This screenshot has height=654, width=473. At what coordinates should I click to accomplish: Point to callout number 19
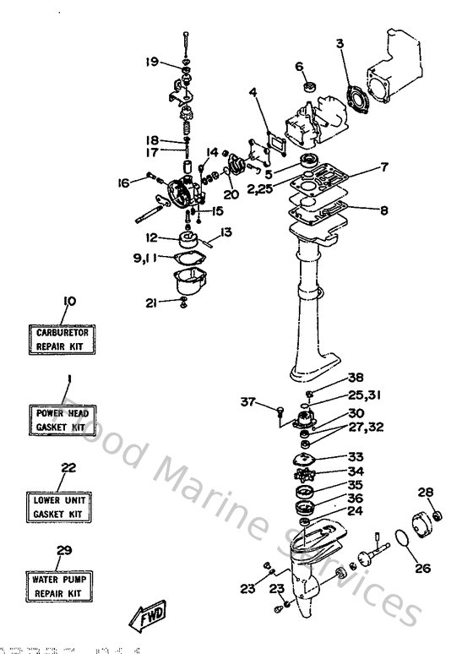[x=151, y=61]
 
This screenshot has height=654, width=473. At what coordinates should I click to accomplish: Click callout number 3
[x=339, y=43]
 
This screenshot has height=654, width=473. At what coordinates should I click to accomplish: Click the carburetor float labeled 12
[x=188, y=240]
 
